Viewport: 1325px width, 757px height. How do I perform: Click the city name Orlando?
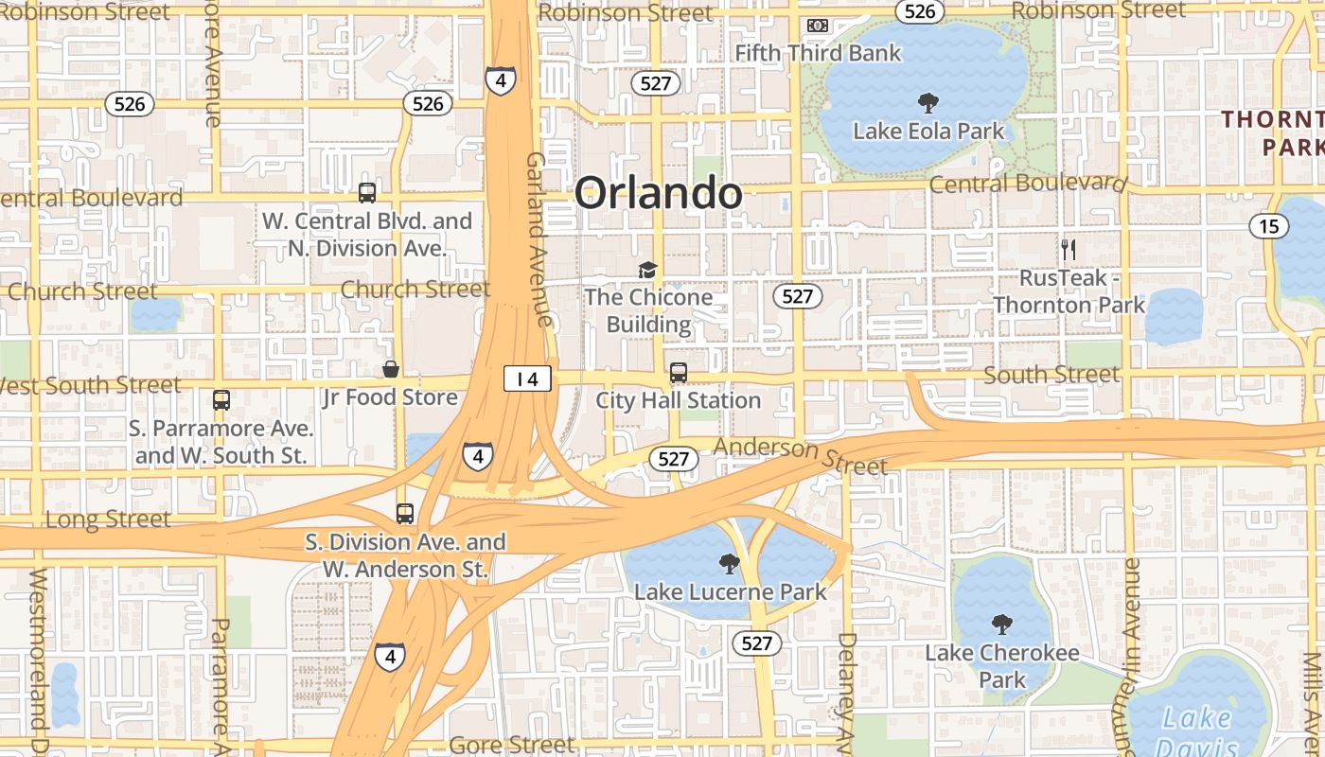click(x=659, y=193)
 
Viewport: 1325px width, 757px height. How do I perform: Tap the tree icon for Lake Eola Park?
click(x=928, y=102)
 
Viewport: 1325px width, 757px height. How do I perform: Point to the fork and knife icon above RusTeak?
click(x=1069, y=250)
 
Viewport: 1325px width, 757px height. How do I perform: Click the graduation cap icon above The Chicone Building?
click(x=647, y=271)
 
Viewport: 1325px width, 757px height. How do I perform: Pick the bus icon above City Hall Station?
click(x=679, y=373)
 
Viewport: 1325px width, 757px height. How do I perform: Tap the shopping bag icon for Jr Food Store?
click(x=390, y=369)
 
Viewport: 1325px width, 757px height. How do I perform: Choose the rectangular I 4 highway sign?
click(x=526, y=379)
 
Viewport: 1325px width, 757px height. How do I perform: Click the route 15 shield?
click(x=1268, y=226)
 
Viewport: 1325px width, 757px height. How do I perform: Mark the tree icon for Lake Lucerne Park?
click(x=729, y=564)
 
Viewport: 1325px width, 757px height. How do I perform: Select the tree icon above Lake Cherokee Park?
click(x=1001, y=625)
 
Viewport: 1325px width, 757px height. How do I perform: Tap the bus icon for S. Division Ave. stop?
click(x=405, y=514)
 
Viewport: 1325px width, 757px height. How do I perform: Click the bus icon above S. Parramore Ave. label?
click(x=221, y=400)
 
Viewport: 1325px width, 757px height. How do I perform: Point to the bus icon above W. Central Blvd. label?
click(x=367, y=193)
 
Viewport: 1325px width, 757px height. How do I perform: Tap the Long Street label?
click(x=108, y=519)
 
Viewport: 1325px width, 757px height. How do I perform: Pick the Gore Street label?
click(x=512, y=746)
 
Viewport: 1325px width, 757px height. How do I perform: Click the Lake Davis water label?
click(x=1197, y=731)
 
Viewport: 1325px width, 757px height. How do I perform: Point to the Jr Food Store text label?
click(x=390, y=397)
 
